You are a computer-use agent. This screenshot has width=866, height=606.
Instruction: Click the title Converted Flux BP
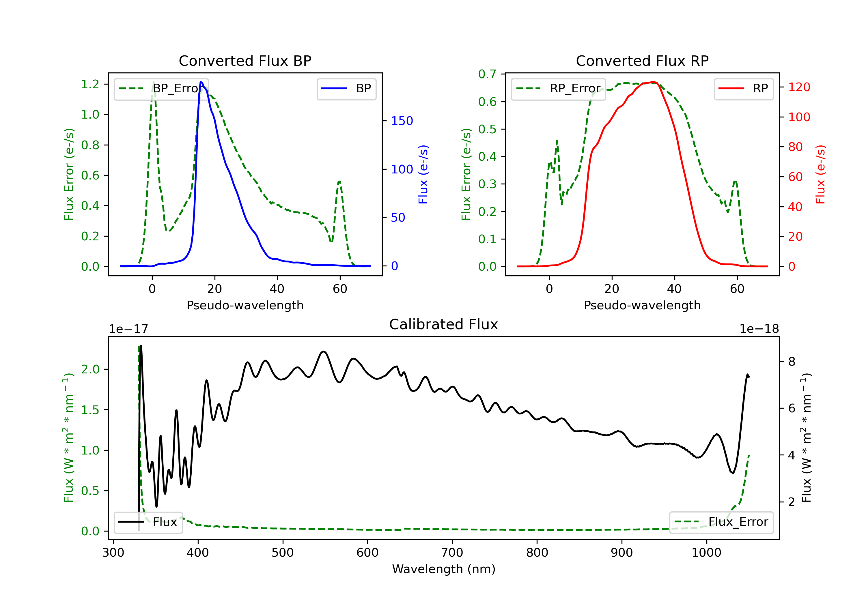245,61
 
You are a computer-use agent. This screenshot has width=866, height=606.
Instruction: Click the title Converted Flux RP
642,61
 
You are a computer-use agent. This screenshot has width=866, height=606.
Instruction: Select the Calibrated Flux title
444,324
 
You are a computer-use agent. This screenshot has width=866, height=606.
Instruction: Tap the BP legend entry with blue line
346,89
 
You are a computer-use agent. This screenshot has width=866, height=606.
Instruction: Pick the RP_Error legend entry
558,89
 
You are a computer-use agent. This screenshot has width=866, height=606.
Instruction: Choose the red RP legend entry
743,89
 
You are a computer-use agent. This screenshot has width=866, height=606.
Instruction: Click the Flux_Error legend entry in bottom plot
721,522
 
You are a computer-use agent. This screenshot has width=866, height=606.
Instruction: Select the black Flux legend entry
148,522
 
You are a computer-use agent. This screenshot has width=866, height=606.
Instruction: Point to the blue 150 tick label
402,121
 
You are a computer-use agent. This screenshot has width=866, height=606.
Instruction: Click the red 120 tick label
799,87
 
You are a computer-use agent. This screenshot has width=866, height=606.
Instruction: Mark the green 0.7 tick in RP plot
487,74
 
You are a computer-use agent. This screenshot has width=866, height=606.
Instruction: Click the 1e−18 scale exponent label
759,329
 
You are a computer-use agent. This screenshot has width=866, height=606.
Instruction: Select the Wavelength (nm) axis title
444,569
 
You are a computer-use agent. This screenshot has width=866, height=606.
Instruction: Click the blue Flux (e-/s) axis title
423,175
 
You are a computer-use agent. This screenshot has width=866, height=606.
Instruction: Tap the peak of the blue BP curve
201,82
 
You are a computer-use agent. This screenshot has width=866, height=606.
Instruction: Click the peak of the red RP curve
653,82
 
